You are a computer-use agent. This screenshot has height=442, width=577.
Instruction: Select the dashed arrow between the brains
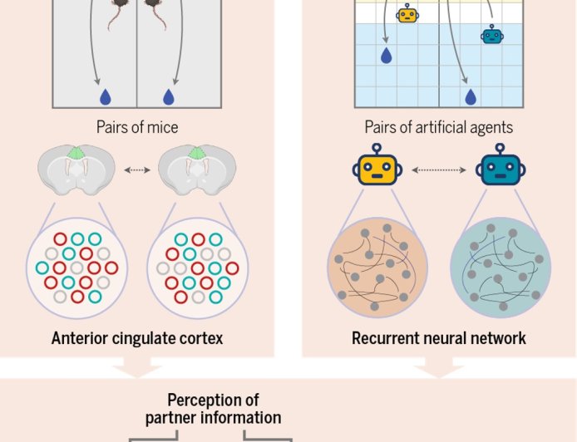pos(136,170)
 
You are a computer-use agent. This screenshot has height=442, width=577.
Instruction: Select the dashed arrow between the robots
pos(439,169)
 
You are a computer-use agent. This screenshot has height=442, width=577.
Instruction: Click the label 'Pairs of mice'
pos(136,127)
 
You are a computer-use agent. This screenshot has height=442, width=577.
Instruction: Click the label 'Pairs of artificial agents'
pos(438,127)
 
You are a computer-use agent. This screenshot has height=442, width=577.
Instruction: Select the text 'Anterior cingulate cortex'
pos(136,338)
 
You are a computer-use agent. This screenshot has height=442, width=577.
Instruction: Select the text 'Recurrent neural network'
pos(438,338)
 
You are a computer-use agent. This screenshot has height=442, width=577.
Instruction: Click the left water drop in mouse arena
pos(105,97)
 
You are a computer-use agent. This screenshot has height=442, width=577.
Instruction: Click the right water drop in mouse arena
pos(169,97)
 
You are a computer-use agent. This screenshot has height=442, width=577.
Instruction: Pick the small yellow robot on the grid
pos(407,14)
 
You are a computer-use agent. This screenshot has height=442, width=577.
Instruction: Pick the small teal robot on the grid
pos(491,34)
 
